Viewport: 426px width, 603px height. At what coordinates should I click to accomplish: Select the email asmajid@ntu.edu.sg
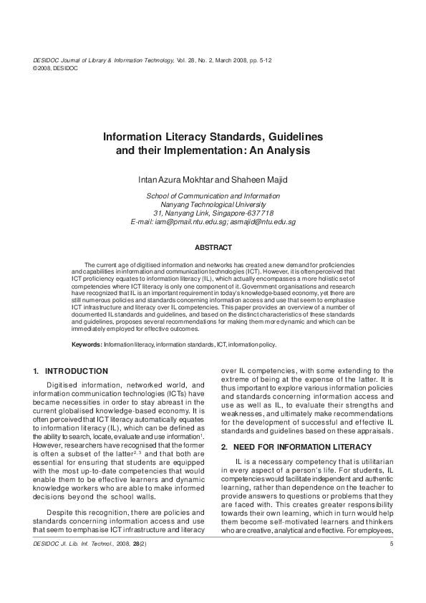(x=262, y=222)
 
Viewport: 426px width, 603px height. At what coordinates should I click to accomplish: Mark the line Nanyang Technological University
(x=213, y=204)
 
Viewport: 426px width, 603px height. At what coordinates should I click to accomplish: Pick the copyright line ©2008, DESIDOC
(x=55, y=68)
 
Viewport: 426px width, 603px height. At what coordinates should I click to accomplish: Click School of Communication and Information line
(x=213, y=196)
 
